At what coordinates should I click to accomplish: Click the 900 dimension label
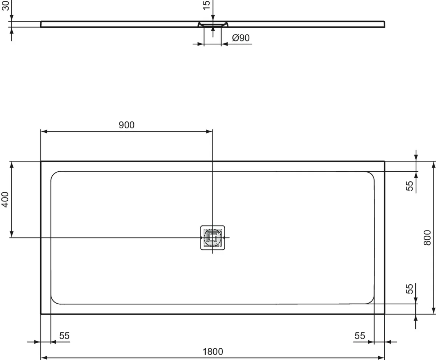click(126, 125)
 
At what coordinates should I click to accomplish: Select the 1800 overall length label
click(213, 352)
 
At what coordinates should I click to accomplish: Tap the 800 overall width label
click(427, 237)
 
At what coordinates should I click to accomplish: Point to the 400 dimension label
click(5, 200)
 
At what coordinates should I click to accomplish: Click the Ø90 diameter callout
click(241, 38)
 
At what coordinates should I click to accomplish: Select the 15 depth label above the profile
click(206, 5)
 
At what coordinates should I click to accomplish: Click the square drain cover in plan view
click(213, 237)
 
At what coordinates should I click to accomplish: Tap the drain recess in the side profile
click(213, 24)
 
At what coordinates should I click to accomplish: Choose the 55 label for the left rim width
click(64, 336)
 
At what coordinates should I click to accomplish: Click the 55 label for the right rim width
click(360, 336)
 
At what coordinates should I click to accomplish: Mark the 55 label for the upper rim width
click(410, 186)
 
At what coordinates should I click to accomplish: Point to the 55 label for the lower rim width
click(410, 289)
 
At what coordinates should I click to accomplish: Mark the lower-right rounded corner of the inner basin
click(371, 301)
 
